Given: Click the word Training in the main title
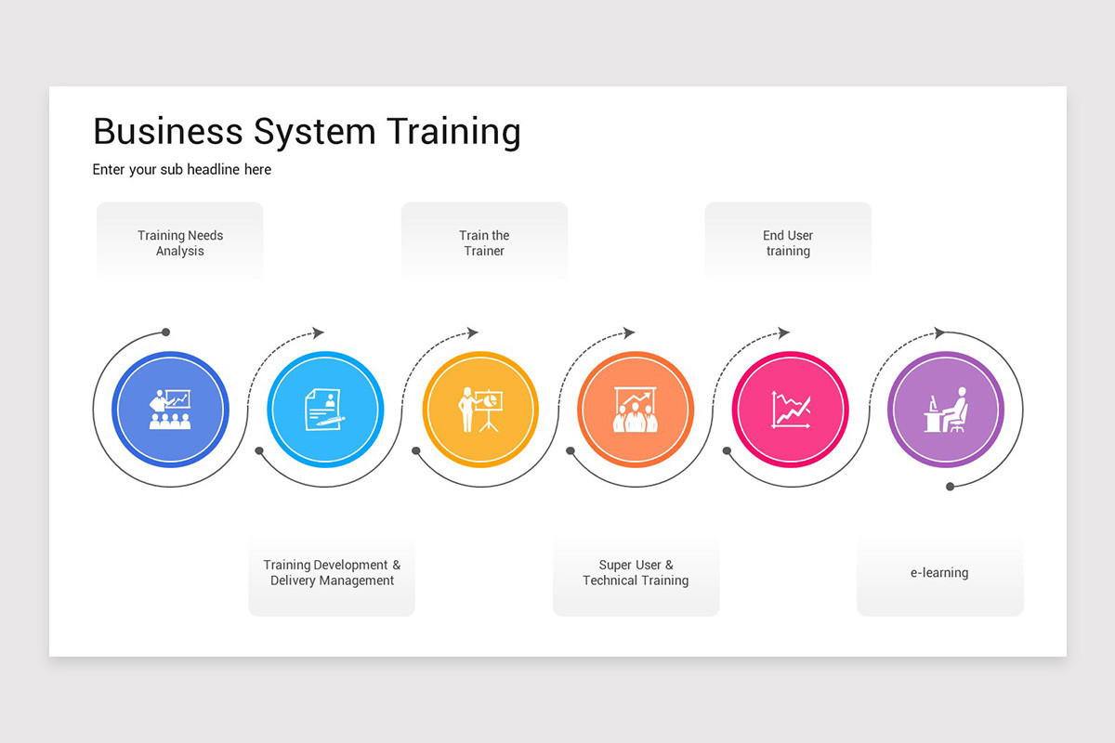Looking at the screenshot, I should pos(453,132).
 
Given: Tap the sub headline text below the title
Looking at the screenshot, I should pos(182,170).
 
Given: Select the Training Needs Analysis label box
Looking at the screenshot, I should pos(180,242).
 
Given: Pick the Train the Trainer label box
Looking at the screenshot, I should pos(484,242).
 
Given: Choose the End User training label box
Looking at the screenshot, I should pos(788,242).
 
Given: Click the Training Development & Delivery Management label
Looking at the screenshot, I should pos(332,573).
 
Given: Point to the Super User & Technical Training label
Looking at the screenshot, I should pos(636,573).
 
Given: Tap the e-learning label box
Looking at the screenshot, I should pos(939,573).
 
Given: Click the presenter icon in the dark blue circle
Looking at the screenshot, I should pos(170,409).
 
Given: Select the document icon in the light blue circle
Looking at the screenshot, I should pos(324,409).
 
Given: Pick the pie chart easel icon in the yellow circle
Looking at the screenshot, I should pos(480,409).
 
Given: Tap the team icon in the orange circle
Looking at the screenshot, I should pos(636,409).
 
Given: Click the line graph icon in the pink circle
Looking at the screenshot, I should pos(791,409).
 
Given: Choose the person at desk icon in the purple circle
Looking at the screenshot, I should pos(945,409).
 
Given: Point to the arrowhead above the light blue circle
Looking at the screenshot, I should pos(319,332).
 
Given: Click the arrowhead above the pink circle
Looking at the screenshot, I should pos(784,332).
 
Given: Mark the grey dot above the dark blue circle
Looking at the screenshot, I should pos(166,332).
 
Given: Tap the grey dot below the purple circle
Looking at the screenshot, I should pos(950,486).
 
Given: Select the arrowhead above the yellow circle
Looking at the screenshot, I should pos(473,332).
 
